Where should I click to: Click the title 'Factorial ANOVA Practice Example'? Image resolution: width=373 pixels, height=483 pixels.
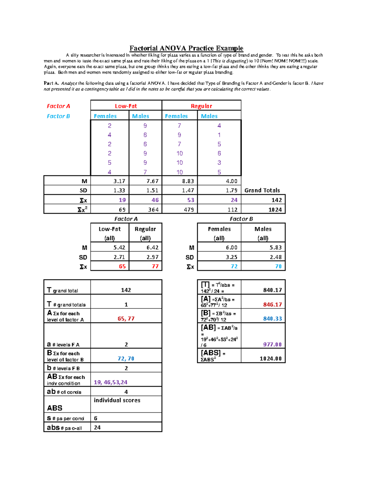186,48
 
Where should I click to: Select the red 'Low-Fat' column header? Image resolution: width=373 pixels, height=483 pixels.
126,106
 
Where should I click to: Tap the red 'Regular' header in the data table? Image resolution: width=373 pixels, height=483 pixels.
201,106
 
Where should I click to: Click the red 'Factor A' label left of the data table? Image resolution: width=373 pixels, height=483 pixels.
58,106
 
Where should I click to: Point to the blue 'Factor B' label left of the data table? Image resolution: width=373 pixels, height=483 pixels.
58,116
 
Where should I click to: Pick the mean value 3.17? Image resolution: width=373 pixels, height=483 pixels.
119,181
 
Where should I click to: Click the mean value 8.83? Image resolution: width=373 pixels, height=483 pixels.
188,181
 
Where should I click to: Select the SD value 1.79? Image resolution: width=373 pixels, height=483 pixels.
232,190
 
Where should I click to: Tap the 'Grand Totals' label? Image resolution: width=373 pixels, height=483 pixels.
262,190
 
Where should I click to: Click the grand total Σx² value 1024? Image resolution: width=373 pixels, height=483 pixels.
275,210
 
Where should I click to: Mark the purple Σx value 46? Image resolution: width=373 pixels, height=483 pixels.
155,200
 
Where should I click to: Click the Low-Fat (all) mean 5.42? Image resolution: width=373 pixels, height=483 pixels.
119,248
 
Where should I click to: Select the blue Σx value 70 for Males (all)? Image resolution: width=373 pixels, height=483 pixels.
278,267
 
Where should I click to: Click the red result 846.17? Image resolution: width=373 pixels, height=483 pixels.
272,304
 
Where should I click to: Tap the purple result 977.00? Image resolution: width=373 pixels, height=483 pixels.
272,344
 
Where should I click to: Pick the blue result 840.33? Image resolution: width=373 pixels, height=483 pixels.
272,318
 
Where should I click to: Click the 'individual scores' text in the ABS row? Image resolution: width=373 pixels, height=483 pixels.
117,400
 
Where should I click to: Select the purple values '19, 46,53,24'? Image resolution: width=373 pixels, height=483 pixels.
111,382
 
